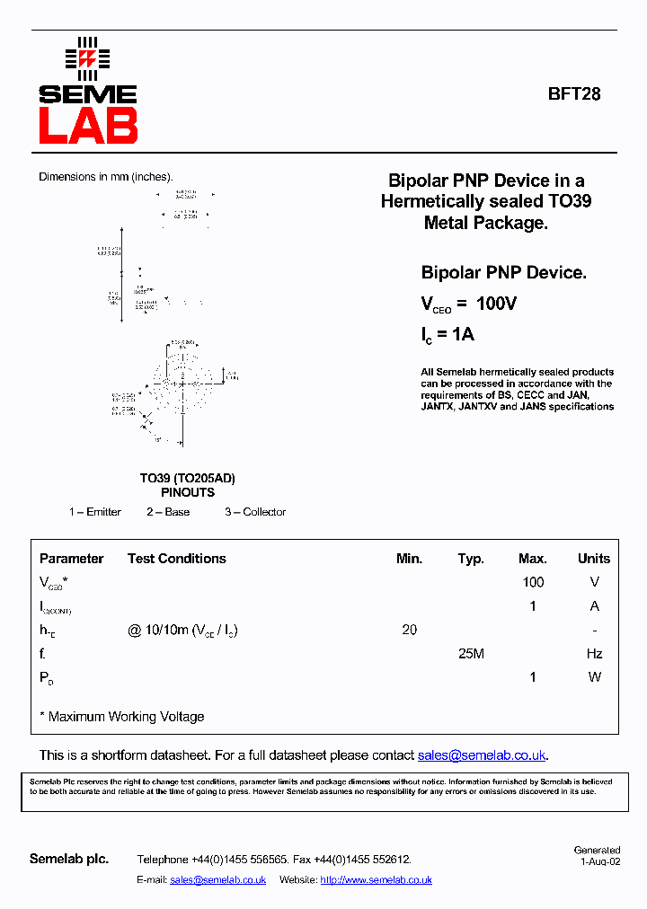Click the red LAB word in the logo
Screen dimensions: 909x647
[88, 126]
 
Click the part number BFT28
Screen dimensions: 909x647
[574, 93]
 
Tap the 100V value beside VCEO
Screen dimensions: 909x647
[496, 304]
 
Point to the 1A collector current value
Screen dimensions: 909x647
[463, 334]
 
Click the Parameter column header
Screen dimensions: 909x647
[71, 559]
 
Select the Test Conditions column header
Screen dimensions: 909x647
[177, 559]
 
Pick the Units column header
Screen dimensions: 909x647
[594, 559]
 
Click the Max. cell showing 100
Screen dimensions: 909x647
[533, 582]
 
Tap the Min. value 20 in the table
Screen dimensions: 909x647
[409, 630]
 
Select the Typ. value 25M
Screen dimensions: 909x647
[471, 654]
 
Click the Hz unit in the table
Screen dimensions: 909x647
[594, 654]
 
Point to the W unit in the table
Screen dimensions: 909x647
[594, 677]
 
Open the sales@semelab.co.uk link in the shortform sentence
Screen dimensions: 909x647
[482, 755]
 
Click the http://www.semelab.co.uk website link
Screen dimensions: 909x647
[376, 880]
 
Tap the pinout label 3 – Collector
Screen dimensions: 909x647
[255, 512]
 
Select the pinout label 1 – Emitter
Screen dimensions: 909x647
[95, 512]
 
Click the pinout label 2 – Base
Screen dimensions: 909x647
[168, 512]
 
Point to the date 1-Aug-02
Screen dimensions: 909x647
[599, 860]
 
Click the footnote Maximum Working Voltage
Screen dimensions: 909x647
[126, 717]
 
